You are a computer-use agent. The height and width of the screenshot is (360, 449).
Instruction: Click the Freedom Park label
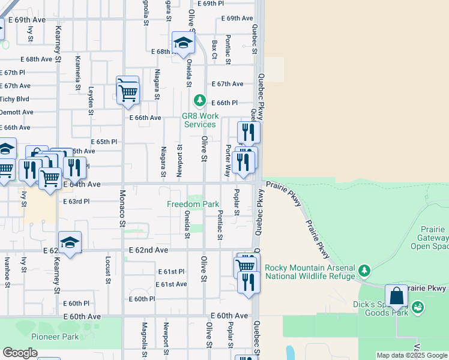pyautogui.click(x=193, y=204)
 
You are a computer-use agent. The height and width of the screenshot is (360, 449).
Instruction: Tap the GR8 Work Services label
pyautogui.click(x=199, y=120)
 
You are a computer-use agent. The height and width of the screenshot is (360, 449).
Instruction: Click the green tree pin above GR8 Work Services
pyautogui.click(x=199, y=100)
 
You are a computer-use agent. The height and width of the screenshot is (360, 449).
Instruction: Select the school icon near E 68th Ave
pyautogui.click(x=183, y=43)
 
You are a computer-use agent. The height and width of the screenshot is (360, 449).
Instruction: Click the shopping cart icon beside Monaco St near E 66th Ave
pyautogui.click(x=128, y=92)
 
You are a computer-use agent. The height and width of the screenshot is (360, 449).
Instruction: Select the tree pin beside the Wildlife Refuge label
pyautogui.click(x=364, y=271)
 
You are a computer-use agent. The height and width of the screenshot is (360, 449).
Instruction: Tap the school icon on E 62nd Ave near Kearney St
pyautogui.click(x=70, y=243)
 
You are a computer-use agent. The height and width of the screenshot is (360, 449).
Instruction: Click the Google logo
pyautogui.click(x=20, y=352)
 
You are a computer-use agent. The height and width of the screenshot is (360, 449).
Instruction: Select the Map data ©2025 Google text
pyautogui.click(x=412, y=355)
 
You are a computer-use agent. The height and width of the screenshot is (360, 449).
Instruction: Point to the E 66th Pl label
pyautogui.click(x=224, y=103)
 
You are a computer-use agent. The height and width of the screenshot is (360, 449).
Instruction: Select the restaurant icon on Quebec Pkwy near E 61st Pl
pyautogui.click(x=248, y=281)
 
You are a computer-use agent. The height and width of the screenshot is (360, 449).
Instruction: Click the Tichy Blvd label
pyautogui.click(x=14, y=99)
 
